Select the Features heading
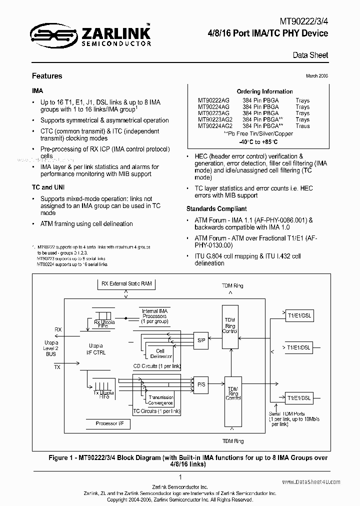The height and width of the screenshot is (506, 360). pyautogui.click(x=47, y=76)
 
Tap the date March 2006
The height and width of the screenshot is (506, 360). pyautogui.click(x=316, y=75)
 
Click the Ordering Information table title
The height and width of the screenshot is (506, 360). pyautogui.click(x=264, y=91)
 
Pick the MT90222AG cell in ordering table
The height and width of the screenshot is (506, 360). pyautogui.click(x=213, y=100)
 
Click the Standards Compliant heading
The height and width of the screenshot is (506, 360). pyautogui.click(x=216, y=208)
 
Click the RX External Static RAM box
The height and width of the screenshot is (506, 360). pyautogui.click(x=126, y=284)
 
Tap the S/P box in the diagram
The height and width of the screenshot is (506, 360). pyautogui.click(x=201, y=340)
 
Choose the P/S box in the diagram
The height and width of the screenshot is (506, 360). pyautogui.click(x=201, y=385)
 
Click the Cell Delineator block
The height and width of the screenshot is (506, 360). pyautogui.click(x=160, y=354)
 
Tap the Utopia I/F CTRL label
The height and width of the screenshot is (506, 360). pyautogui.click(x=95, y=349)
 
